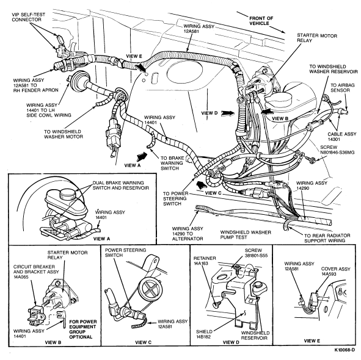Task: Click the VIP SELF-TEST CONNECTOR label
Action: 28,17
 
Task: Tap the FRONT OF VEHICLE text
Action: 261,21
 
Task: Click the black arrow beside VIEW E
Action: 140,68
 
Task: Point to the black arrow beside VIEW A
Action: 142,156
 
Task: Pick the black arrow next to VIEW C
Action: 200,184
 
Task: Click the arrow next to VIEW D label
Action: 228,113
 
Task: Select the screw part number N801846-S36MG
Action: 337,153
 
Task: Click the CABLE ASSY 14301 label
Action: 342,137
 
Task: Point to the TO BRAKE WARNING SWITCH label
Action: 172,163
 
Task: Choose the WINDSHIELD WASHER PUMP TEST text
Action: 246,235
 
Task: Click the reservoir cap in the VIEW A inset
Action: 68,195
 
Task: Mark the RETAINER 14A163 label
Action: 205,261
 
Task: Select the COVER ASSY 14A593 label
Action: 335,272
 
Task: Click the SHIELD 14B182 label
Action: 204,334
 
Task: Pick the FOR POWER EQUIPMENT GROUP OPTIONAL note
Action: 83,329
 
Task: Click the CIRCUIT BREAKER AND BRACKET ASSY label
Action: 36,272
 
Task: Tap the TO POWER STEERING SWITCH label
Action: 176,198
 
